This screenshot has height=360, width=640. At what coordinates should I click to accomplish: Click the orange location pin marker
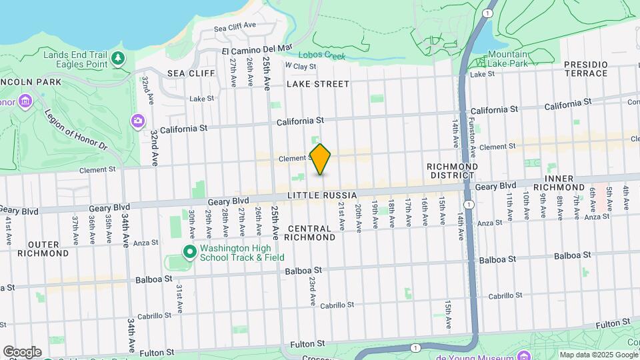[320, 159]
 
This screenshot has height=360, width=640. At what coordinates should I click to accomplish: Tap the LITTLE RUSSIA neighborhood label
[323, 195]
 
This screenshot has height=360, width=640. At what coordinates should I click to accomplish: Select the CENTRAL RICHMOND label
[311, 233]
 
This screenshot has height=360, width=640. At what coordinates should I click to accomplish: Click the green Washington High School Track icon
[190, 252]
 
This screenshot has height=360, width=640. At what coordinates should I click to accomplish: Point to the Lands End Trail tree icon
[118, 59]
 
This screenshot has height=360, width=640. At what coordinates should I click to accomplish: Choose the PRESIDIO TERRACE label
[586, 69]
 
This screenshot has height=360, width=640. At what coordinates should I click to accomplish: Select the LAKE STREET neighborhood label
[318, 84]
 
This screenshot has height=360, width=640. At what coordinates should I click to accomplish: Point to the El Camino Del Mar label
[257, 49]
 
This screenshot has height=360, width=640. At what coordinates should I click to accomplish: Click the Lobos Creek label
[321, 56]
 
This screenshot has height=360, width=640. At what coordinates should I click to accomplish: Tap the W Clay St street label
[300, 66]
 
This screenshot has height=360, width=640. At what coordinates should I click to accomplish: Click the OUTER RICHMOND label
[43, 248]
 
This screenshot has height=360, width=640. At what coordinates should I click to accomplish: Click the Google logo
[22, 351]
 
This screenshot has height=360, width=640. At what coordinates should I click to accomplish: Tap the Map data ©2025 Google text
[598, 355]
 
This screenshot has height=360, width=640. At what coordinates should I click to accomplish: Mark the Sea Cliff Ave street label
[235, 26]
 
